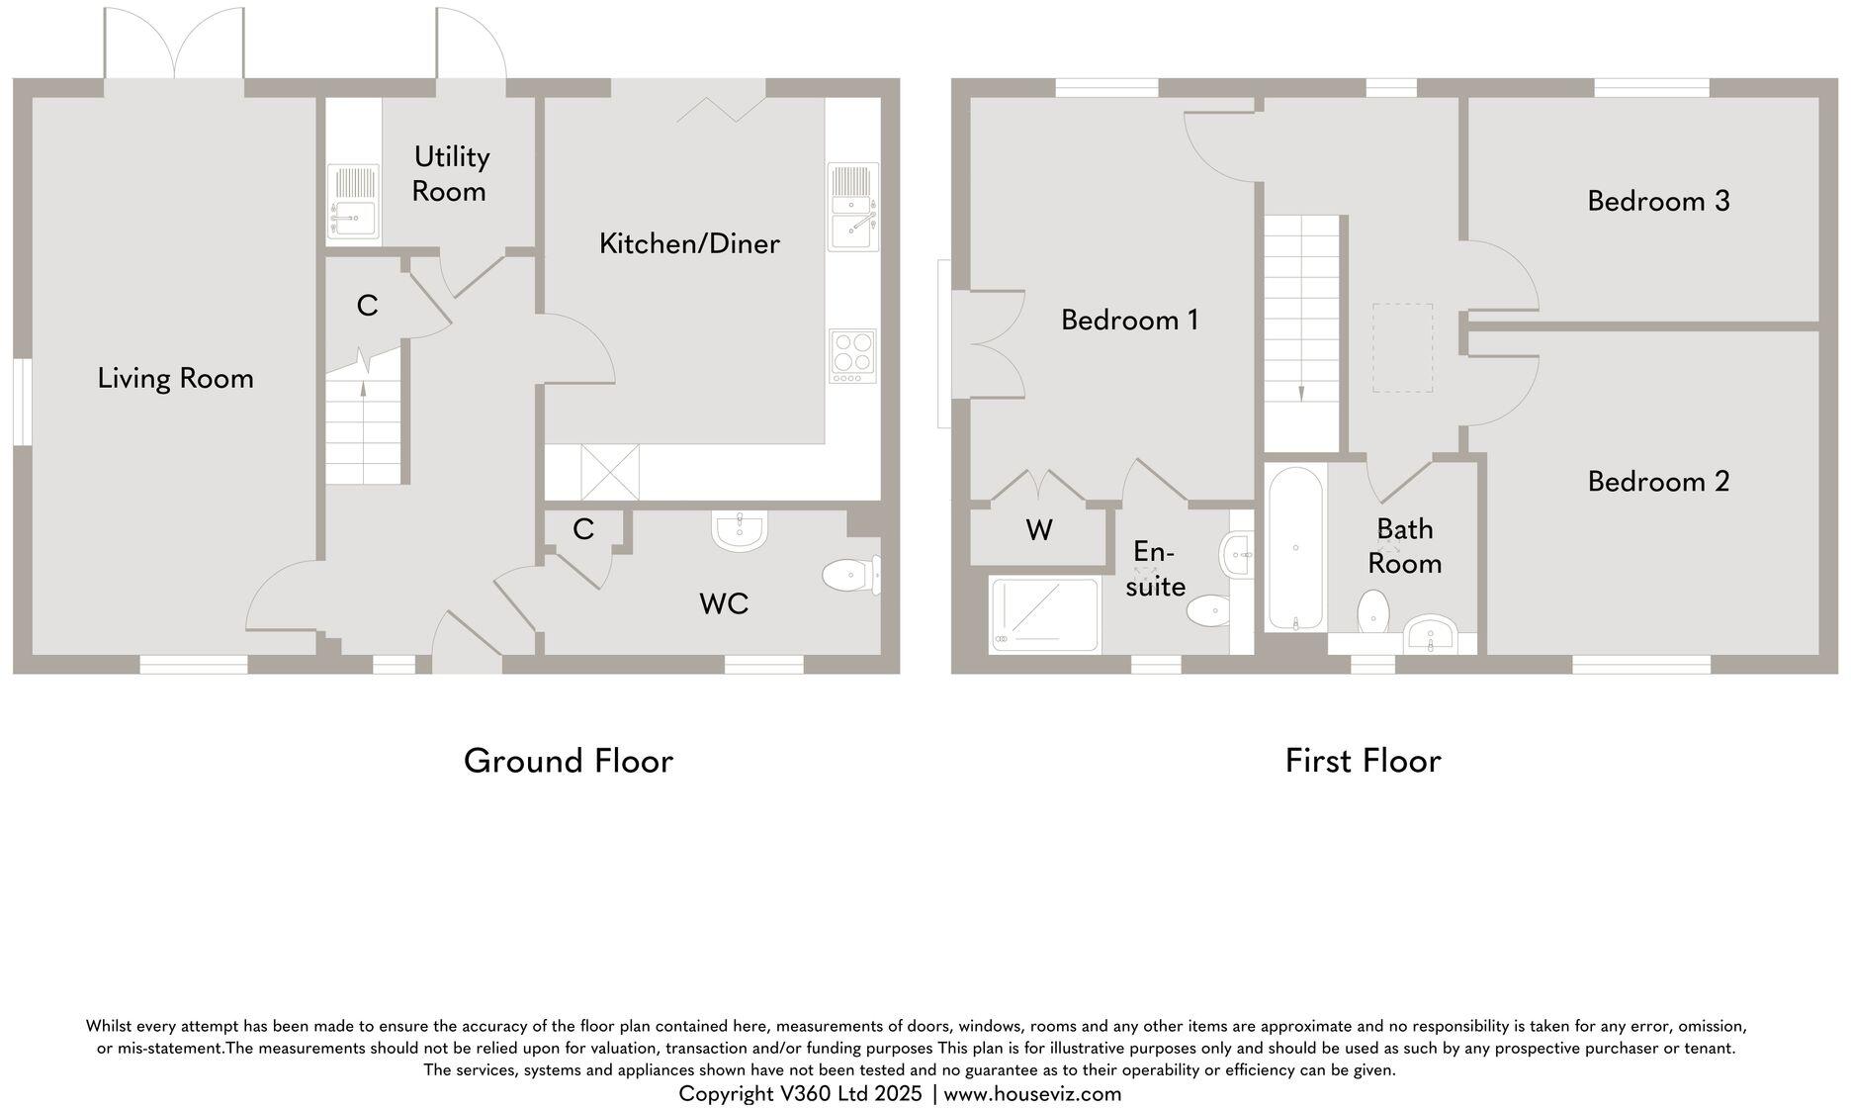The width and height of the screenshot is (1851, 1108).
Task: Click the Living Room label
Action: tap(175, 378)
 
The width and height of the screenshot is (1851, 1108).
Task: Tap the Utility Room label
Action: tap(450, 174)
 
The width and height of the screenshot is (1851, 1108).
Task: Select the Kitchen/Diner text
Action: tap(689, 243)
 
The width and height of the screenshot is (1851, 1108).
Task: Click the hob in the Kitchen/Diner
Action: tap(852, 355)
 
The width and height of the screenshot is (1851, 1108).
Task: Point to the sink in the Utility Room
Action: tap(353, 204)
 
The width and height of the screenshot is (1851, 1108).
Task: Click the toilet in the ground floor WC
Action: tap(848, 575)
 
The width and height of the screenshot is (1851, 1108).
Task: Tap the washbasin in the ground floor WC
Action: tap(739, 531)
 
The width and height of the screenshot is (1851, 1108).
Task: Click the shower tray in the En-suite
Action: tap(1044, 615)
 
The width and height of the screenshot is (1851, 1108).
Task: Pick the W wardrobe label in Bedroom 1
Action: tap(1038, 531)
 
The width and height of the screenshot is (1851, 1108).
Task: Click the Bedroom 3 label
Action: tap(1658, 201)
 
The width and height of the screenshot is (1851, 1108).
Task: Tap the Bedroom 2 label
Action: tap(1658, 482)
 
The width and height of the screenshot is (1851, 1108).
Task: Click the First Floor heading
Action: tap(1363, 761)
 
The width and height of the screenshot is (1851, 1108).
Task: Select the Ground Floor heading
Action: tap(569, 761)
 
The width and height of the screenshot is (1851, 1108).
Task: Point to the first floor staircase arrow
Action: tap(1300, 391)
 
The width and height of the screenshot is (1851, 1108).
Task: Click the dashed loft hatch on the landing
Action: tap(1402, 348)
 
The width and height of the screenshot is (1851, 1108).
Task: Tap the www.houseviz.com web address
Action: tap(1032, 1094)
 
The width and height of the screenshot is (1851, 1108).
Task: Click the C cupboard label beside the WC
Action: tap(582, 530)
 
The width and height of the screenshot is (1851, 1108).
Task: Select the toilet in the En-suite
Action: tap(1207, 610)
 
